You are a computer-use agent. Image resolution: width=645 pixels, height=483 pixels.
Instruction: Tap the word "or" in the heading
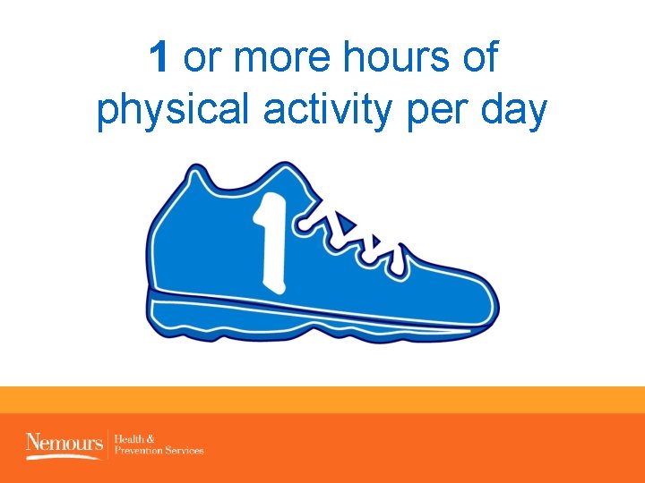(x=202, y=60)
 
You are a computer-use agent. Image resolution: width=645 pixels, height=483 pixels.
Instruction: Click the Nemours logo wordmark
(x=65, y=442)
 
